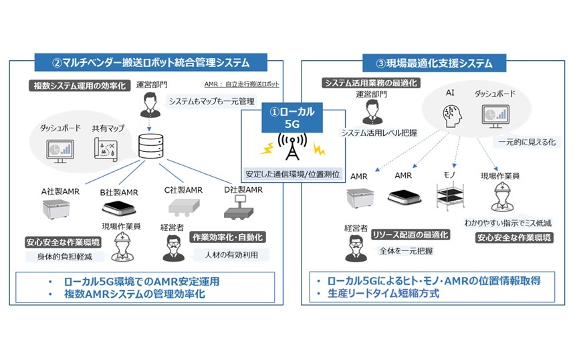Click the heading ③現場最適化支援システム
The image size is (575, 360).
click(433, 64)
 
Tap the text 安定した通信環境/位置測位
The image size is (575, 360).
click(290, 175)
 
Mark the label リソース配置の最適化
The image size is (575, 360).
click(411, 234)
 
